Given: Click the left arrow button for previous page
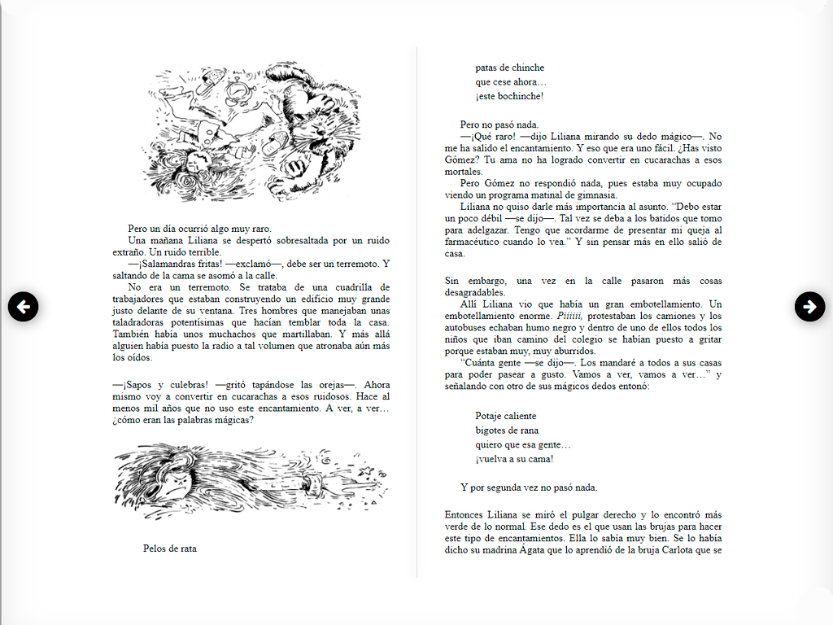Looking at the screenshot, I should click(23, 306).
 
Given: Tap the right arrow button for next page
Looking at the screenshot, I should click(809, 306).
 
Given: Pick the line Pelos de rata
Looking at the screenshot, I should click(169, 549).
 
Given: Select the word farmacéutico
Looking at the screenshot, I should click(475, 242).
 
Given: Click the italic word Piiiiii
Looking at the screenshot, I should click(570, 316).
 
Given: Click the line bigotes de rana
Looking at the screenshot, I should click(507, 431).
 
